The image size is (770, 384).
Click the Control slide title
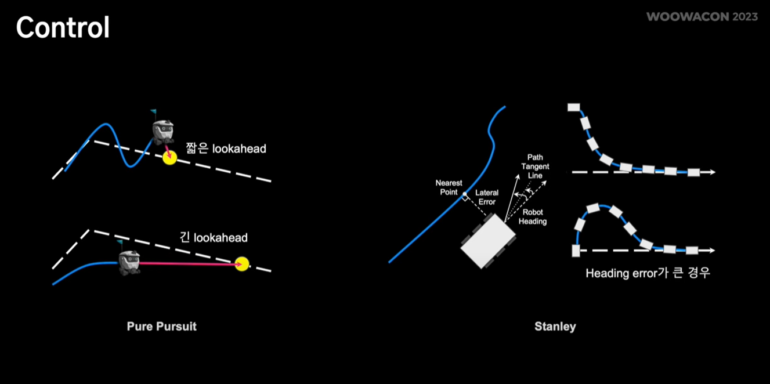point(63,28)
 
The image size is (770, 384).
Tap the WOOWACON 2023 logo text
point(702,17)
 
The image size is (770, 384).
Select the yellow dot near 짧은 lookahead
point(169,157)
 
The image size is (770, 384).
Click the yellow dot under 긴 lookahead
point(243,264)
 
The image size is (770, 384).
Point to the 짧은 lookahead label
point(226,148)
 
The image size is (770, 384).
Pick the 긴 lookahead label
point(214,238)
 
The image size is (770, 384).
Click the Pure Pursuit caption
point(161,327)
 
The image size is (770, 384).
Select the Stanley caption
point(555,327)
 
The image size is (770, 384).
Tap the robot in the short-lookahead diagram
point(162,132)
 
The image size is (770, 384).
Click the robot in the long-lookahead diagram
point(129,262)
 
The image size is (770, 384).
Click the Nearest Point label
point(449,187)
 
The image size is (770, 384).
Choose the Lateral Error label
point(486,197)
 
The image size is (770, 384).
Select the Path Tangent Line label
point(535,166)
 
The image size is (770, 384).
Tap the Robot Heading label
point(532,217)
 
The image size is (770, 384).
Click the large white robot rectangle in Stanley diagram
point(487,241)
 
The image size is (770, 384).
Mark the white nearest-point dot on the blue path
point(464,194)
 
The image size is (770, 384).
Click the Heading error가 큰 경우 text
point(648,273)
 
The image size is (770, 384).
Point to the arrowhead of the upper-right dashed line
point(712,172)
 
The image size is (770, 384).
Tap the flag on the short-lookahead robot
point(153,112)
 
